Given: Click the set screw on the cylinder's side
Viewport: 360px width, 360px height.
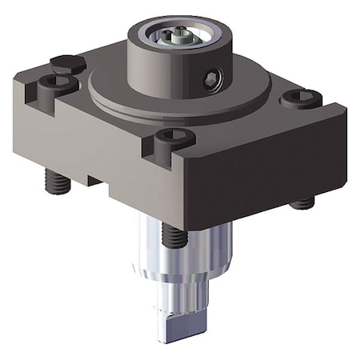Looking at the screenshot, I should pyautogui.click(x=210, y=78).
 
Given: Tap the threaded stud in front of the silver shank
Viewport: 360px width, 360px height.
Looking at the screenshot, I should pyautogui.click(x=171, y=233).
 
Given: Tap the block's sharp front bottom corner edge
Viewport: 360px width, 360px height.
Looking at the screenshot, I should pyautogui.click(x=190, y=226).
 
